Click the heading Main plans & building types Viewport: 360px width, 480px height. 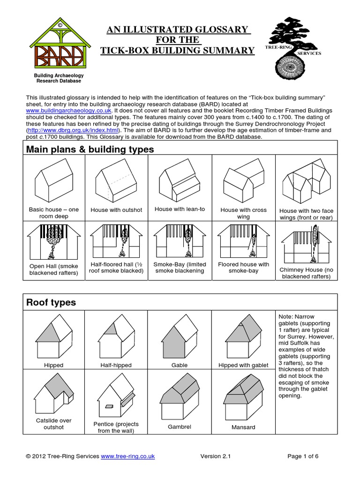(90, 150)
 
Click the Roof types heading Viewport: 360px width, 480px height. (51, 302)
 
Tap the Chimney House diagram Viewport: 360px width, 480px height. (307, 243)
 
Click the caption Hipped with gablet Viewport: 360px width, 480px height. (243, 365)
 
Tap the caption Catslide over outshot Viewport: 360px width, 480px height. (53, 424)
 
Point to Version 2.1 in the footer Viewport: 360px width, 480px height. (216, 456)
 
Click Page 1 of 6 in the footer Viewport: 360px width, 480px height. (303, 456)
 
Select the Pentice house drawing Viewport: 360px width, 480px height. (116, 398)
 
